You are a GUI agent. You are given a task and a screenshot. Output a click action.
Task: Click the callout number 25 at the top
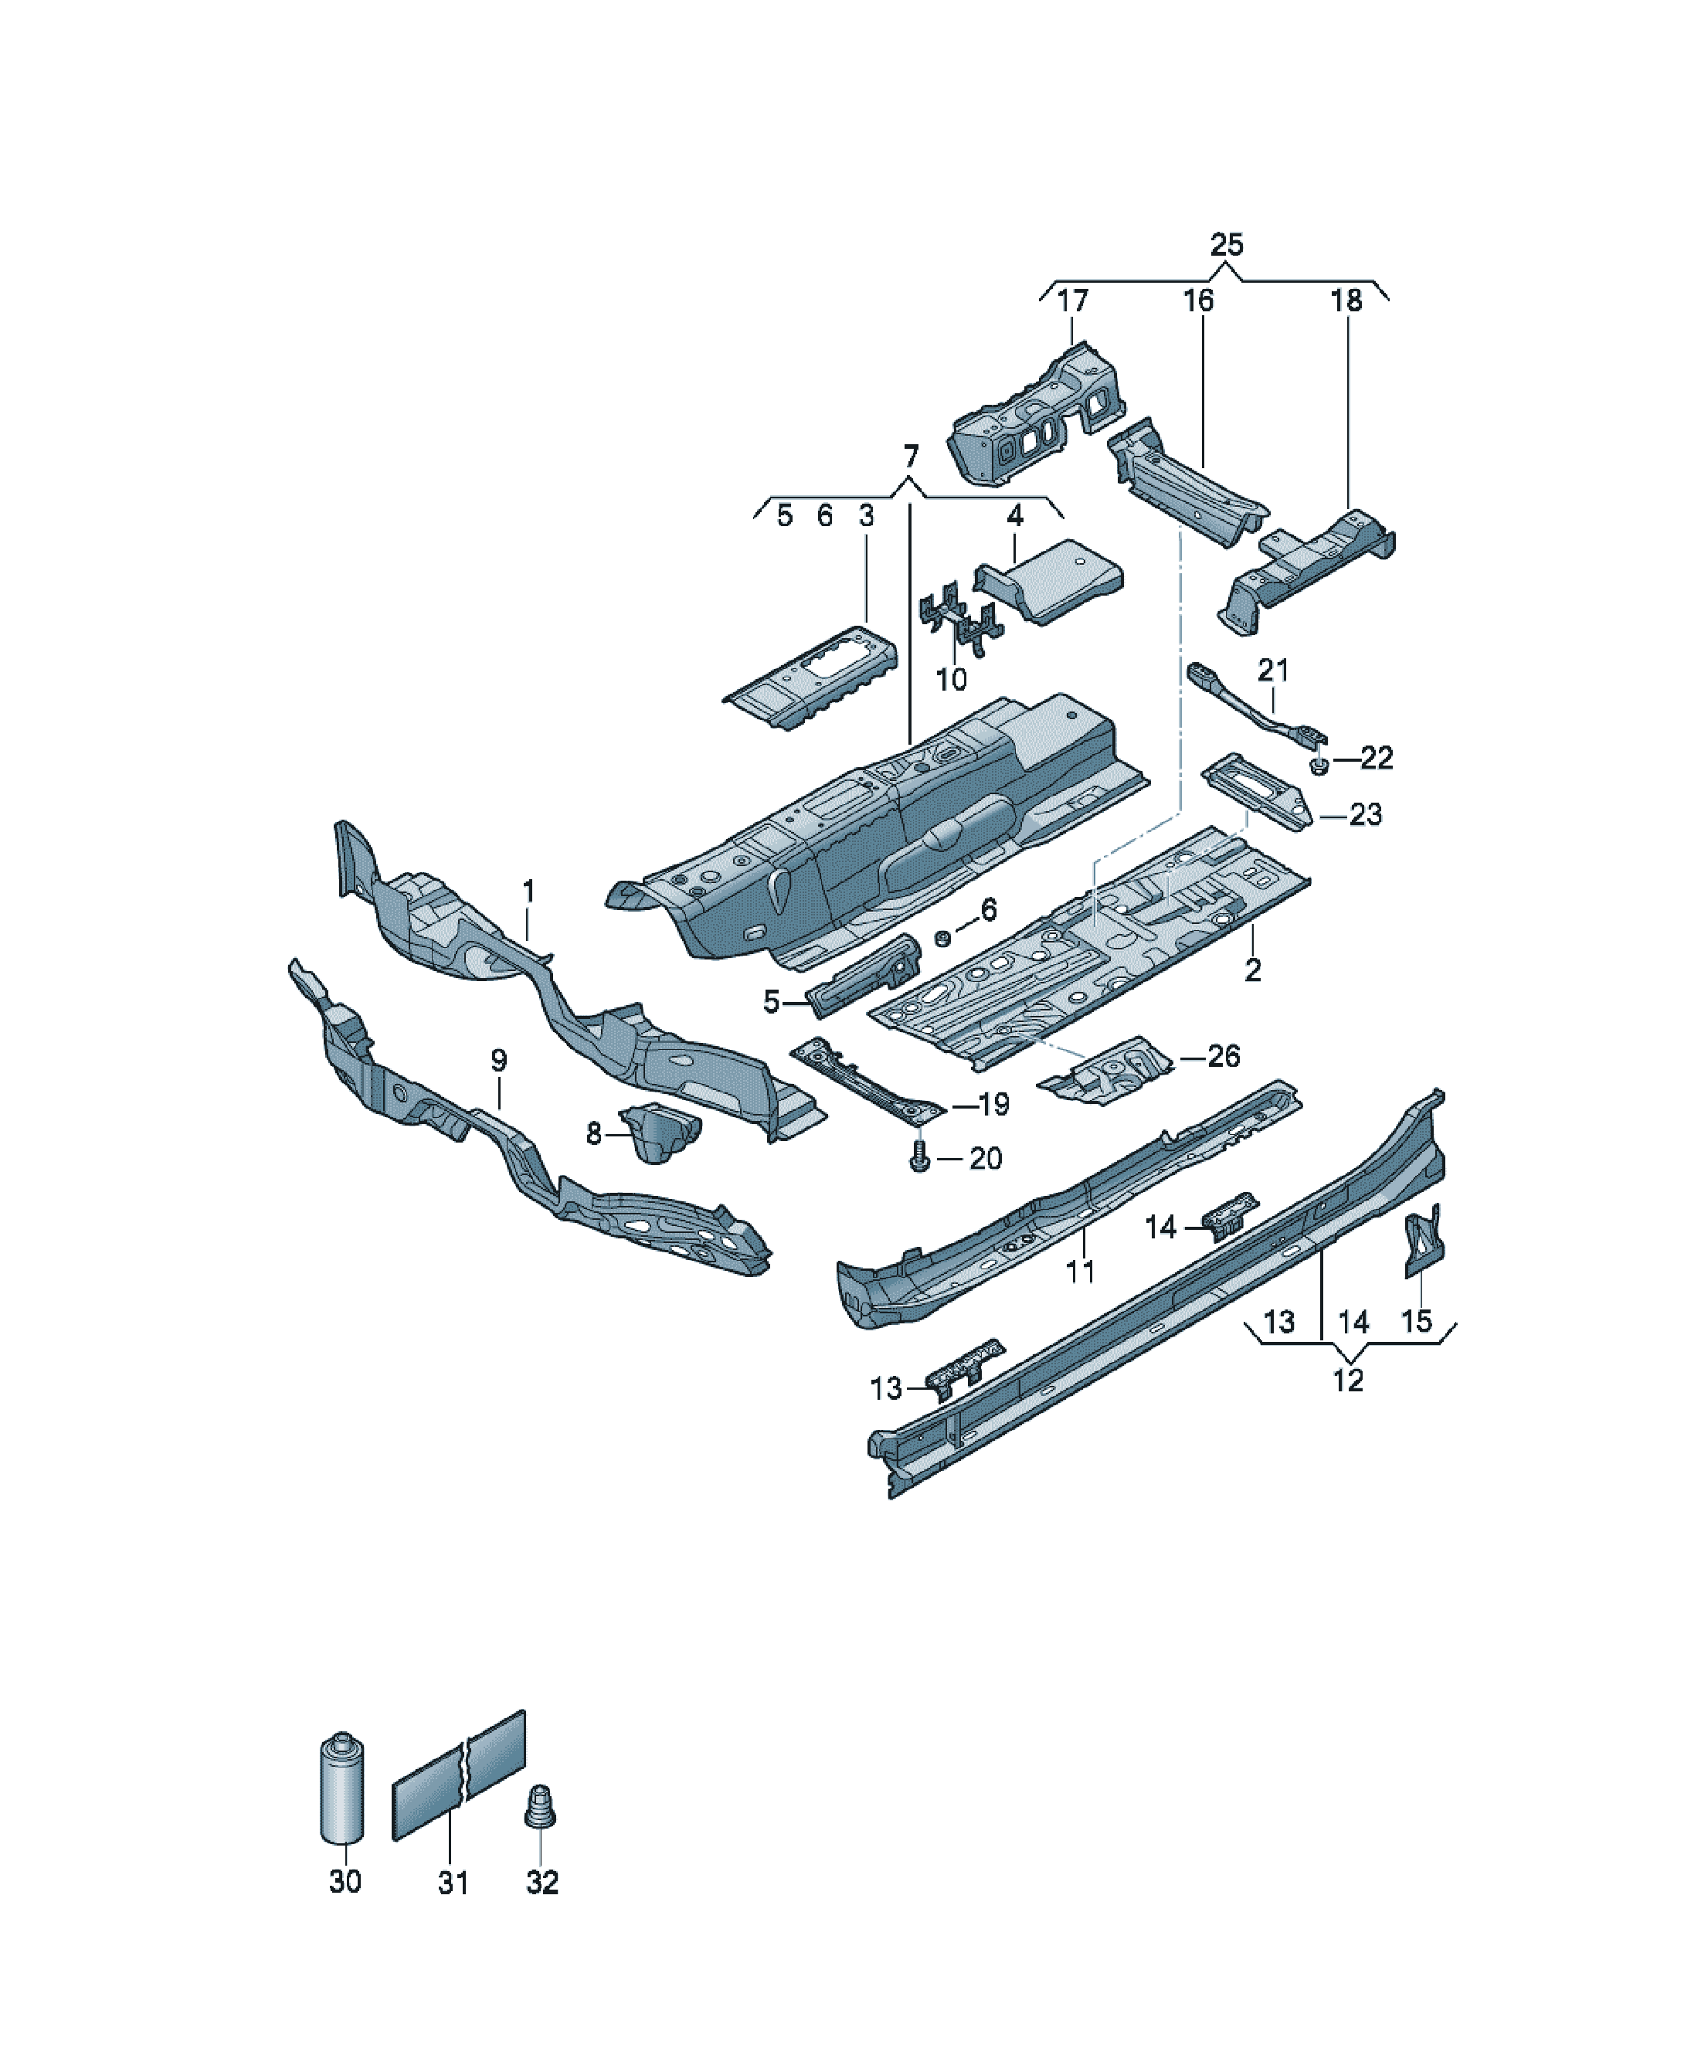1226,245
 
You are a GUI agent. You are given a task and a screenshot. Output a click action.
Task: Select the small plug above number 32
540,1806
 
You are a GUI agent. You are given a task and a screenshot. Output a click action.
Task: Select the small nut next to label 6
942,938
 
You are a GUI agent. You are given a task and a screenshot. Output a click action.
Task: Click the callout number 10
951,679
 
